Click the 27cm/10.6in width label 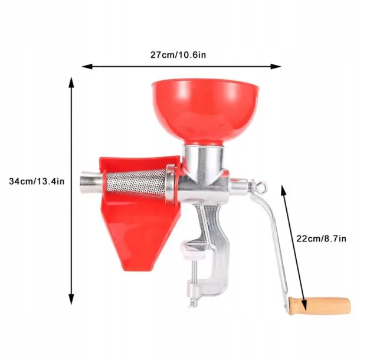tap(178, 55)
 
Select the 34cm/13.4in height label tap(37, 181)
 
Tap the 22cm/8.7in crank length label tap(321, 238)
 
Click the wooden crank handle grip tap(319, 306)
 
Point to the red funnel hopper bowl tap(205, 111)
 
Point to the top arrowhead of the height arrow tap(71, 82)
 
